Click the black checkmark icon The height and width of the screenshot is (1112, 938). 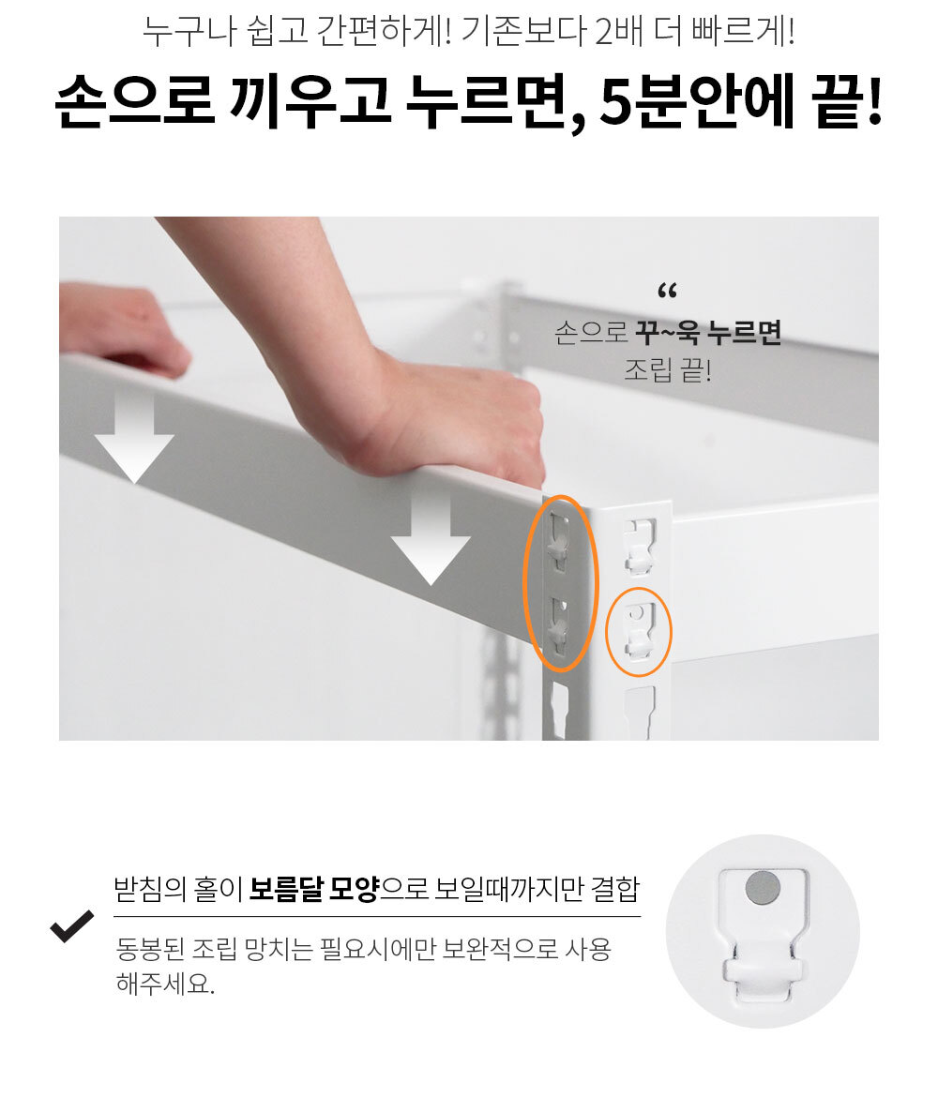(71, 926)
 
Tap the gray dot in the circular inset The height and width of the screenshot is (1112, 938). (763, 888)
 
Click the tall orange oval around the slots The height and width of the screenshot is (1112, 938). (526, 583)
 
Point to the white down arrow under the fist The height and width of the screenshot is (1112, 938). (430, 539)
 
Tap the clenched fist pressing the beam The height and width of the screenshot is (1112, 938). (454, 418)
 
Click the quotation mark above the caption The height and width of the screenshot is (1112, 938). (668, 291)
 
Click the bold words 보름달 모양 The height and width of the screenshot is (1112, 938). (313, 889)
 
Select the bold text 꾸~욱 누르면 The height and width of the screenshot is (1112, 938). (708, 332)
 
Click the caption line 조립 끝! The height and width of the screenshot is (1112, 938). (668, 369)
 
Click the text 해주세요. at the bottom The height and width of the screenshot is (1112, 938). (164, 984)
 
